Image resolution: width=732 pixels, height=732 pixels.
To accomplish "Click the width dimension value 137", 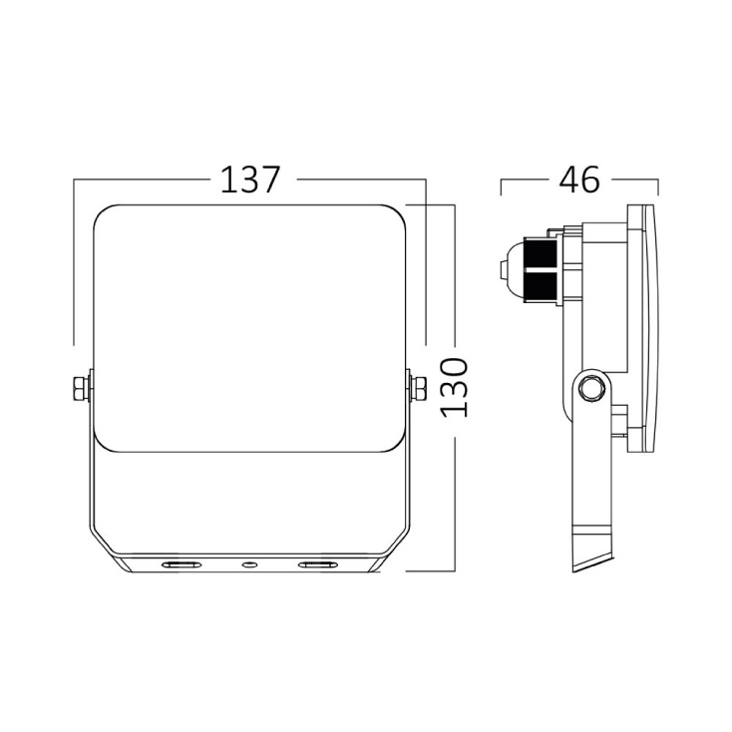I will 250,181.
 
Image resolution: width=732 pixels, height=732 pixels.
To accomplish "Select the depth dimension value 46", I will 579,181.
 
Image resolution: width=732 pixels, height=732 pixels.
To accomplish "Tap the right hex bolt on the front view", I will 417,388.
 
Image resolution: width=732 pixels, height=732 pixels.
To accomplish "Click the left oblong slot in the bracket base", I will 182,565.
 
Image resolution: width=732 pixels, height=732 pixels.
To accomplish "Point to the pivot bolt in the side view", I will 589,386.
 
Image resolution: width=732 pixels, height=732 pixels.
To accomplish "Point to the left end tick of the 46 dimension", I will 501,186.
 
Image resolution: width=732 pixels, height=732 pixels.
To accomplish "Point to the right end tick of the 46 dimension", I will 658,186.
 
